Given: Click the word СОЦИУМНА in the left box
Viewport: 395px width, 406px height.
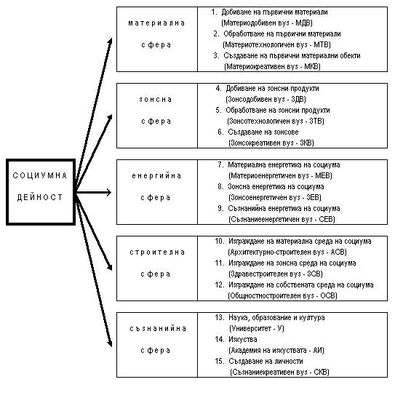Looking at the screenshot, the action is pyautogui.click(x=40, y=175).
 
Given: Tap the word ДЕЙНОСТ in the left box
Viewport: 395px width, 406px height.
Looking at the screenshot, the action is pyautogui.click(x=40, y=197).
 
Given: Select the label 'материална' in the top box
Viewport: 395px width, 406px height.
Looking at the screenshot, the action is pyautogui.click(x=156, y=23).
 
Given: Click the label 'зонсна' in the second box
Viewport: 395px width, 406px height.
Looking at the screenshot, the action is pyautogui.click(x=156, y=100).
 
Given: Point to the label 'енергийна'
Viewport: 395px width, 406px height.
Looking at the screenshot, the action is pyautogui.click(x=156, y=176).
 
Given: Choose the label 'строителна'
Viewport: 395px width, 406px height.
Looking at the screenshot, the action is pyautogui.click(x=157, y=252).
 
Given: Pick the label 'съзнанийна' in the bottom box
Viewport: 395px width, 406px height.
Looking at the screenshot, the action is pyautogui.click(x=158, y=329).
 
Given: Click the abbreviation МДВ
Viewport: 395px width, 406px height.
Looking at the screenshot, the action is pyautogui.click(x=303, y=23).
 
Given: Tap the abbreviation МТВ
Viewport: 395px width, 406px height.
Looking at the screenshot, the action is pyautogui.click(x=321, y=45).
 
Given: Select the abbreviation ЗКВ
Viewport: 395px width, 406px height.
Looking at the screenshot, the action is pyautogui.click(x=306, y=143).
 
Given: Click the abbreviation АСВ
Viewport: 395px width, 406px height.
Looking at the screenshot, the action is pyautogui.click(x=338, y=252).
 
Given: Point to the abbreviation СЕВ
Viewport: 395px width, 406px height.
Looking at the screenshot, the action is pyautogui.click(x=326, y=219).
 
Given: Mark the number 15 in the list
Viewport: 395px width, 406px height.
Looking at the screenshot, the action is pyautogui.click(x=220, y=361).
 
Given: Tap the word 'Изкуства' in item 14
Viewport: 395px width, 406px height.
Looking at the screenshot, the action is pyautogui.click(x=243, y=340).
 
